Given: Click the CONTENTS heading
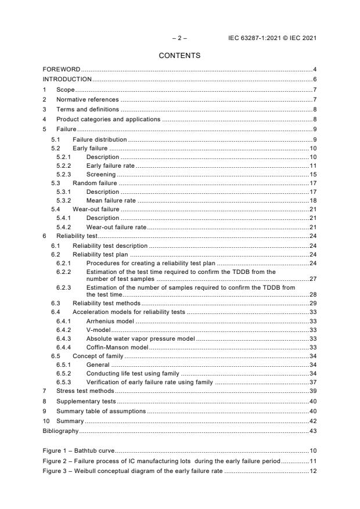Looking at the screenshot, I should click(180, 56).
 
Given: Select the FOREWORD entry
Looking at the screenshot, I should click(62, 70).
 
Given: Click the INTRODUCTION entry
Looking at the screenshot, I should click(67, 80).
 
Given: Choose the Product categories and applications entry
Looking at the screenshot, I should click(108, 119).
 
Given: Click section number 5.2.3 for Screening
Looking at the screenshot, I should click(64, 174).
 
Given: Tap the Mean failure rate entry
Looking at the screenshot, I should click(111, 200).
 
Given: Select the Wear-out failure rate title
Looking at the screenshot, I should click(116, 228).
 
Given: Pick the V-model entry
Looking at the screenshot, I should click(99, 330).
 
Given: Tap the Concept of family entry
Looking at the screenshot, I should click(99, 356).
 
